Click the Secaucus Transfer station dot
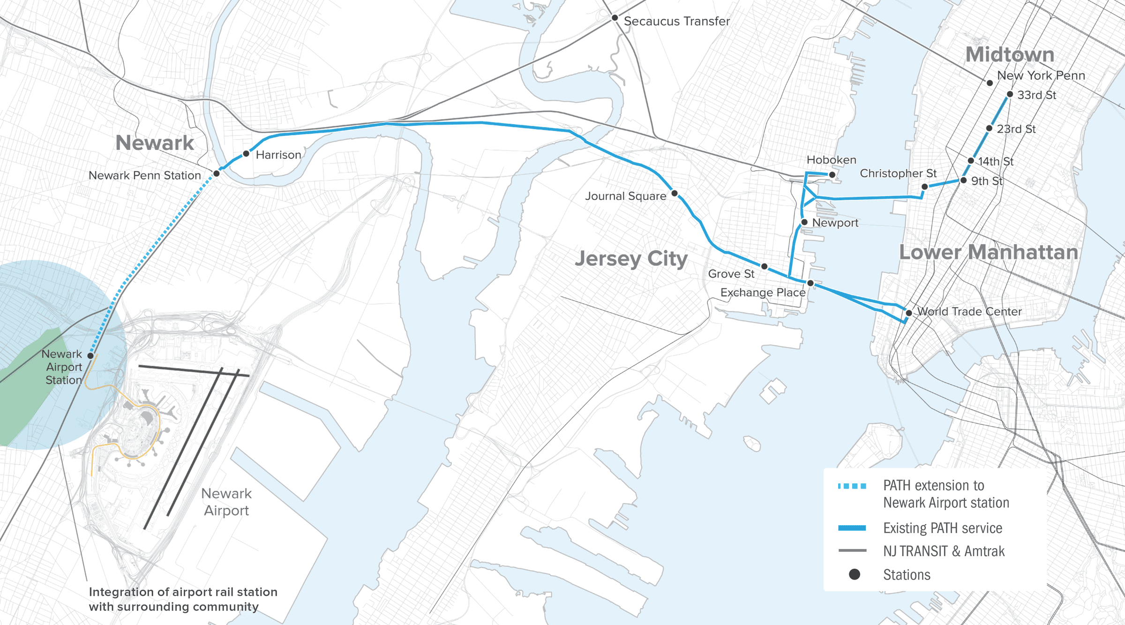pos(615,18)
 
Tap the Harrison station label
pos(278,155)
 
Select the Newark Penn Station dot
pos(217,173)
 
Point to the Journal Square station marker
pos(675,193)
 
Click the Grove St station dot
pos(764,266)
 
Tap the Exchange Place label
pos(763,293)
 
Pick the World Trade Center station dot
pos(908,313)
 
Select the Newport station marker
pos(804,222)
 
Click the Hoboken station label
pos(831,160)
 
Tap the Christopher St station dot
pos(924,187)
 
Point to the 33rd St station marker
pos(1010,94)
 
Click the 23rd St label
pos(1016,129)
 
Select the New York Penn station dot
pos(990,83)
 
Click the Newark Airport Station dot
pos(90,356)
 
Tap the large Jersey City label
pos(631,258)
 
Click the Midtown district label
pos(1010,55)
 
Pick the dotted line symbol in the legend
pos(852,486)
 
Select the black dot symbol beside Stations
pos(854,574)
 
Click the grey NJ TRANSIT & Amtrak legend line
pos(852,550)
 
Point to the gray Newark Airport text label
pos(226,502)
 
